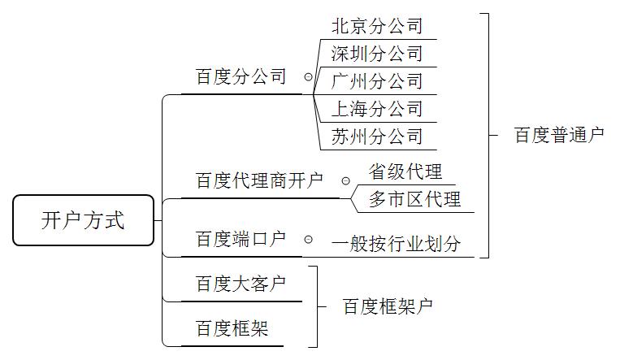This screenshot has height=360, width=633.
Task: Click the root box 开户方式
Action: click(x=83, y=220)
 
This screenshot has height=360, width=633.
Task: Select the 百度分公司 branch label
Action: click(x=241, y=77)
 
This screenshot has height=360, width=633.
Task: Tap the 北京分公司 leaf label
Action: click(x=377, y=26)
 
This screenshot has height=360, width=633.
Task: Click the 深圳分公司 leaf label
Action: click(x=377, y=54)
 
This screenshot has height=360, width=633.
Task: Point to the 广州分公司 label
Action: click(x=377, y=81)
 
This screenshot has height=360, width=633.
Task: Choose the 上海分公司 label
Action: click(x=377, y=109)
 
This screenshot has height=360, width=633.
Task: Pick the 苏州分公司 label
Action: click(x=377, y=137)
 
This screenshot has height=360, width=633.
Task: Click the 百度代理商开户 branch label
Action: click(x=259, y=180)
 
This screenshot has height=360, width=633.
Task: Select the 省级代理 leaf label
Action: click(x=405, y=172)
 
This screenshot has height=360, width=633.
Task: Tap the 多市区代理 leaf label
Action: click(x=414, y=199)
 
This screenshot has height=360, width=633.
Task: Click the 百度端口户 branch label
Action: click(x=241, y=240)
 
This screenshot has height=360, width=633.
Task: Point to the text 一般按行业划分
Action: click(x=396, y=243)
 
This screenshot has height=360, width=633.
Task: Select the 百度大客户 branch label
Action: click(x=241, y=284)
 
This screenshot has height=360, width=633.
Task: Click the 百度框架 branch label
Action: click(x=232, y=329)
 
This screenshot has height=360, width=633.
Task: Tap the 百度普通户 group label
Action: click(x=559, y=135)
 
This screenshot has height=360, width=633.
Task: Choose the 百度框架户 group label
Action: click(x=387, y=306)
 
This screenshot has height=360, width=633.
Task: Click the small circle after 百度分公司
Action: click(x=308, y=77)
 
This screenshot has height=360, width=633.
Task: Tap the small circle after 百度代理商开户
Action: click(x=345, y=180)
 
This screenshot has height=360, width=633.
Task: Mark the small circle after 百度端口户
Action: click(x=308, y=240)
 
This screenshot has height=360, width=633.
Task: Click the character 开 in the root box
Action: click(x=51, y=220)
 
